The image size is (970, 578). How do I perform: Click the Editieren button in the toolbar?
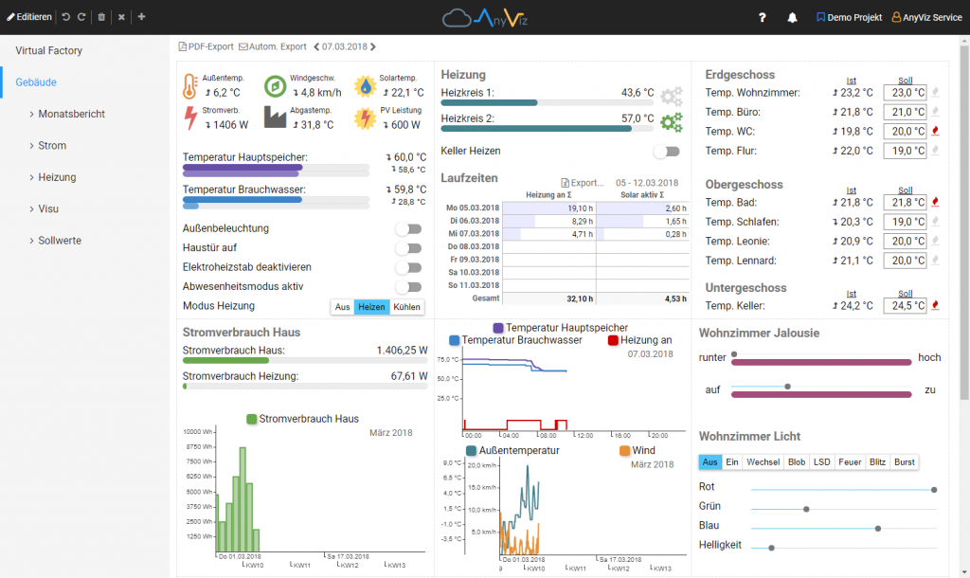pos(29,17)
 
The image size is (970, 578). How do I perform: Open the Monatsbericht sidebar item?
pos(71,114)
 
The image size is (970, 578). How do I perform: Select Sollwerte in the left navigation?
pos(59,241)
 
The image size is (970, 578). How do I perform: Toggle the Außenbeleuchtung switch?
pos(407,228)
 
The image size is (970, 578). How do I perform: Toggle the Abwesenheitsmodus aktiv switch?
pos(407,286)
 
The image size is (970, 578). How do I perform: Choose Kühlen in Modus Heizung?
pos(405,307)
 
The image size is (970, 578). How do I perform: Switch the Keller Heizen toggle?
pos(666,151)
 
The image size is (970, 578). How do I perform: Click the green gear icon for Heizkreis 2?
pos(671,121)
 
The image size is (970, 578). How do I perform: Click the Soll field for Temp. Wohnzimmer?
pos(904,93)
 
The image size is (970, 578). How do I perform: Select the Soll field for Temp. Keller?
pos(904,306)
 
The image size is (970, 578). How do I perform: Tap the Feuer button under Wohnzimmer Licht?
pos(850,461)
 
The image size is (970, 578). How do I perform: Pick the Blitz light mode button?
pos(876,461)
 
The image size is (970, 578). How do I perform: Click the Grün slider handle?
pos(806,509)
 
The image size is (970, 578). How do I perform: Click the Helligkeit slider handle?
pos(771,547)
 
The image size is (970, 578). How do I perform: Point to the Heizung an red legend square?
pos(613,340)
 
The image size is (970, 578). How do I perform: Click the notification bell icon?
pos(792,17)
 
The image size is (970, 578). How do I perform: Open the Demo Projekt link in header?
pos(849,17)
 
